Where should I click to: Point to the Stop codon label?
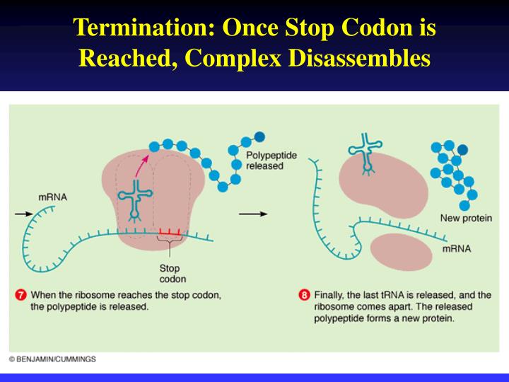click(170, 273)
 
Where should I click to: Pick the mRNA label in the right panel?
click(456, 249)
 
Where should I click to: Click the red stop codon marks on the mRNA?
click(170, 232)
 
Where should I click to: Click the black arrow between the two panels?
click(253, 212)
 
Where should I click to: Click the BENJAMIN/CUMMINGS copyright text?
click(52, 359)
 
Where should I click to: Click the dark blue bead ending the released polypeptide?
click(259, 137)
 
